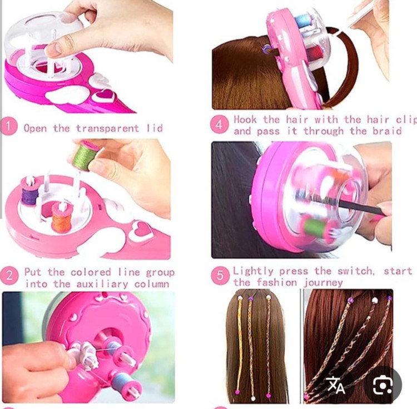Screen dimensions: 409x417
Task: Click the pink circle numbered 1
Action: click(9, 127)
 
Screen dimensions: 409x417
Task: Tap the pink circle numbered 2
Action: click(9, 276)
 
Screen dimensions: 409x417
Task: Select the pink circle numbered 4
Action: click(220, 125)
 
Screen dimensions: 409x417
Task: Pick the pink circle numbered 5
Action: click(220, 276)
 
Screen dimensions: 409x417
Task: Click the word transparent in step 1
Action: click(107, 128)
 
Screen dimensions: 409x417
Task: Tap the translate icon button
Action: click(336, 384)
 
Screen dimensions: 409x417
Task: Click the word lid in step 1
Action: click(154, 128)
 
